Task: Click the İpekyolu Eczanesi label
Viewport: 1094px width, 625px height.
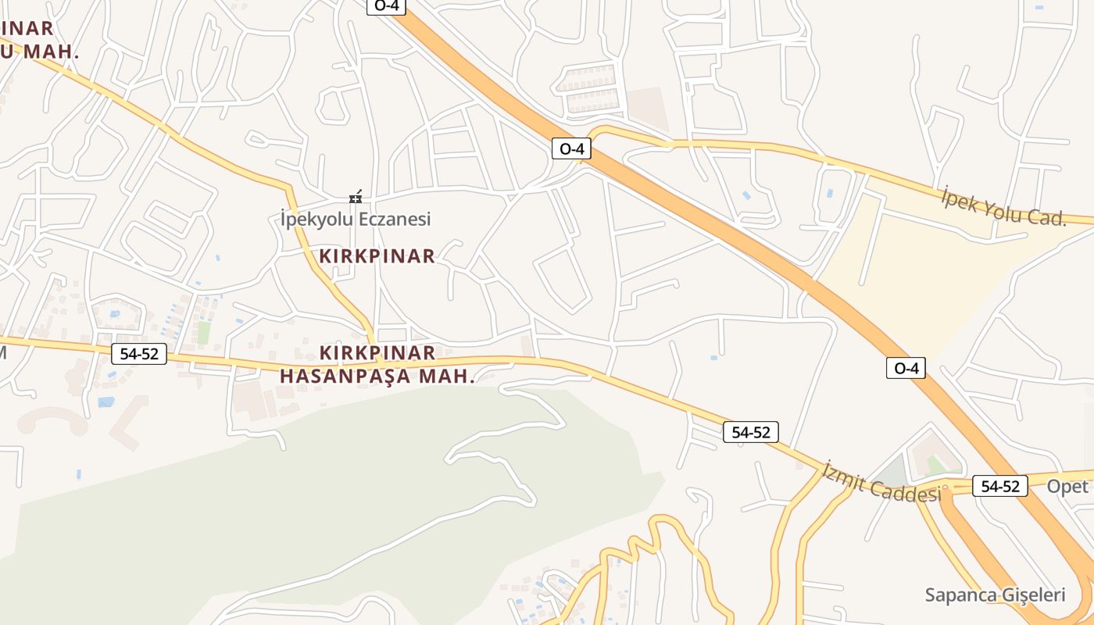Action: point(356,220)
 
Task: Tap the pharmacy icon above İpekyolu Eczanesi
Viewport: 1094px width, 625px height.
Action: point(356,197)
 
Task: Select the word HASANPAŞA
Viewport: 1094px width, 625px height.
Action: point(345,376)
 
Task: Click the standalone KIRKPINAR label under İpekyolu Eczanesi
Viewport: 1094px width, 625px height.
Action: point(377,256)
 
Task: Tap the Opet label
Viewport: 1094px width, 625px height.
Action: point(1067,486)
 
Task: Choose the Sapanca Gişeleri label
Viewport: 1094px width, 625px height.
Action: point(995,595)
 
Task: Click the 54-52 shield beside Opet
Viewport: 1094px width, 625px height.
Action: point(1000,486)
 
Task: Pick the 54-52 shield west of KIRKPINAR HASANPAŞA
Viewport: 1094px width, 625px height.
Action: point(139,354)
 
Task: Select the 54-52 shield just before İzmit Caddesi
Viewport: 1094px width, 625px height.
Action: point(750,432)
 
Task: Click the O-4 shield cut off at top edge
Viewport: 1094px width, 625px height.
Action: point(387,6)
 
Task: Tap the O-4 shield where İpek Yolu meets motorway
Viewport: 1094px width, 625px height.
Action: point(571,148)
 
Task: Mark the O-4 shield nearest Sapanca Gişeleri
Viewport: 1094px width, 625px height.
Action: point(906,368)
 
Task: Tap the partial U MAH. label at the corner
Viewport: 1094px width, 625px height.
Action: point(39,52)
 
